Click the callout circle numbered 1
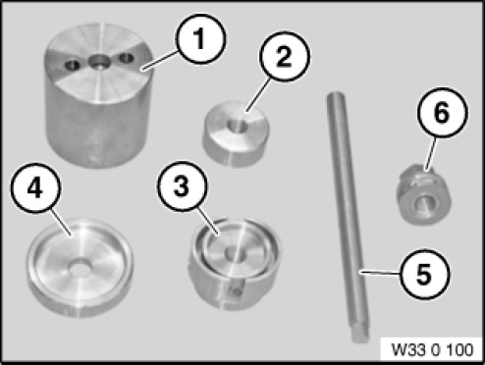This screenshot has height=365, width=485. pyautogui.click(x=200, y=38)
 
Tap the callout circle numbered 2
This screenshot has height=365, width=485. pyautogui.click(x=284, y=56)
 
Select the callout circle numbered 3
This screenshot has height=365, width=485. pyautogui.click(x=183, y=185)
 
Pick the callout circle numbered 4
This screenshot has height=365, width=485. pyautogui.click(x=35, y=188)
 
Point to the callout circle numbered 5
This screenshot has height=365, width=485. pyautogui.click(x=424, y=274)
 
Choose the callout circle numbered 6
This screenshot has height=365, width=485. pyautogui.click(x=442, y=112)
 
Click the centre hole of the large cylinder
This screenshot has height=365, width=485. pyautogui.click(x=99, y=61)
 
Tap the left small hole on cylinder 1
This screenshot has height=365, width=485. pyautogui.click(x=73, y=66)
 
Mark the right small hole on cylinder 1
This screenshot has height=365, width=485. pyautogui.click(x=127, y=59)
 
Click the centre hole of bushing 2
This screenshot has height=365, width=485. pyautogui.click(x=238, y=126)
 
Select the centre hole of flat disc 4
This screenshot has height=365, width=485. pyautogui.click(x=81, y=267)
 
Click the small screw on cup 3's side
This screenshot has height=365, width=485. pyautogui.click(x=235, y=289)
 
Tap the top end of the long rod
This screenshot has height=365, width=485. pyautogui.click(x=335, y=95)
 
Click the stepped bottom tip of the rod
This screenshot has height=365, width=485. pyautogui.click(x=360, y=335)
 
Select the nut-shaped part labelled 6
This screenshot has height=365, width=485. pyautogui.click(x=423, y=195)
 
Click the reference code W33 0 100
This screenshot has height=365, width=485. pyautogui.click(x=432, y=350)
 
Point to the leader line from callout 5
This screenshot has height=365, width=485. pyautogui.click(x=379, y=272)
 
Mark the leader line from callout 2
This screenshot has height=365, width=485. pyautogui.click(x=259, y=94)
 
